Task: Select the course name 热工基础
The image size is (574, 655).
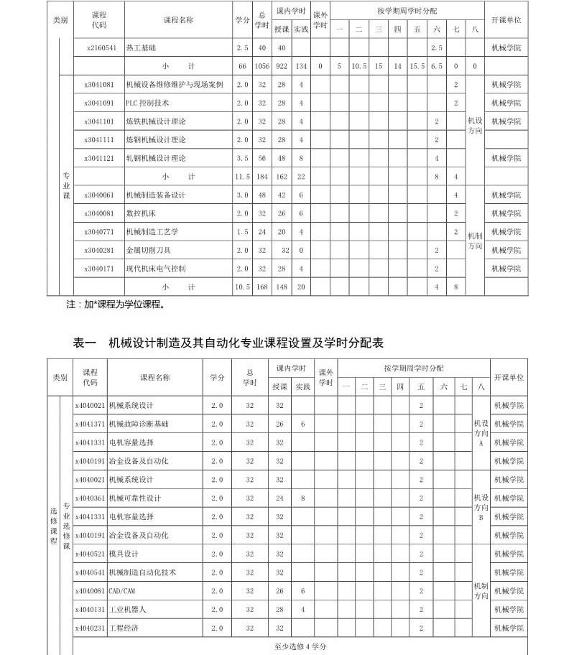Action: [x=141, y=47]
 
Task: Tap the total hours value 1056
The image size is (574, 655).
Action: [x=262, y=66]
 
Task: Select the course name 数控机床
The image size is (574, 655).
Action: [x=140, y=213]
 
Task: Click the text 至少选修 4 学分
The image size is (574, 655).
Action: [x=300, y=646]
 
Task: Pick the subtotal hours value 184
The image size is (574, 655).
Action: [x=262, y=176]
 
